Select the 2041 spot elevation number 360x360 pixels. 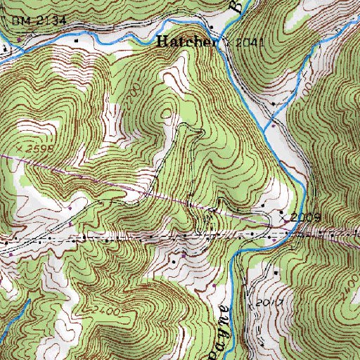(x=250, y=43)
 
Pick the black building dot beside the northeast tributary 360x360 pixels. (x=273, y=104)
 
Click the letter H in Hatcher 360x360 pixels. (x=162, y=41)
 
